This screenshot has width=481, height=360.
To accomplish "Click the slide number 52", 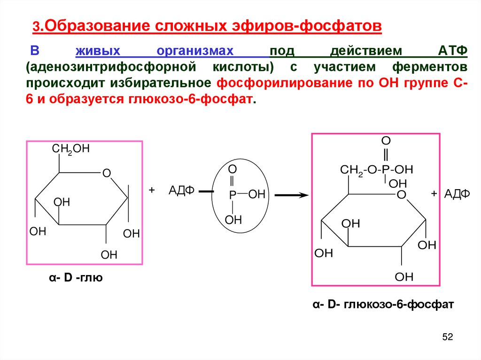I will pos(447,337).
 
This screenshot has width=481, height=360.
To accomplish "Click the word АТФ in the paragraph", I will pos(451,50).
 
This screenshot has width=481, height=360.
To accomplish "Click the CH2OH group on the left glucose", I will pos(70,149).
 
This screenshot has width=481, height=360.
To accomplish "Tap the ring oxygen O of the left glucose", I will pos(107,174).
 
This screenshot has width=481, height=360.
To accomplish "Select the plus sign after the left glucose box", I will pos(152,190).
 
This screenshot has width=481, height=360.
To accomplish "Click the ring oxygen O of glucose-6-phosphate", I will pos(401,194).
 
